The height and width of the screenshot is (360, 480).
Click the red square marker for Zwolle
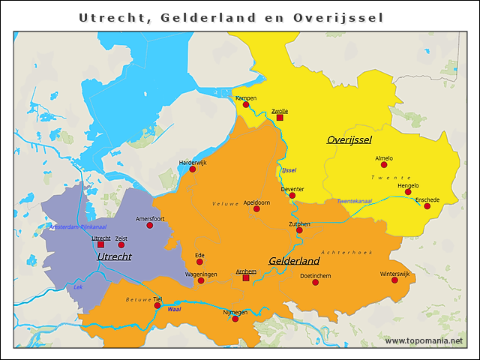[x=280, y=118]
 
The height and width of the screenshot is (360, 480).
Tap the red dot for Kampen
[x=246, y=104]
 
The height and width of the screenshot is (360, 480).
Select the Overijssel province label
[x=349, y=139]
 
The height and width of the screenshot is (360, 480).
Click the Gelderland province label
[x=294, y=261]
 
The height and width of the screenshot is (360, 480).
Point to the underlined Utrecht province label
[x=114, y=256]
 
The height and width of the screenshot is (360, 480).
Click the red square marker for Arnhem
[x=246, y=278]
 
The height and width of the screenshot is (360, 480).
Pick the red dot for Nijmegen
[x=235, y=319]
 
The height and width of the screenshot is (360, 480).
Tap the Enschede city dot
[x=427, y=206]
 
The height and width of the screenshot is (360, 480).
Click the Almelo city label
[x=384, y=158]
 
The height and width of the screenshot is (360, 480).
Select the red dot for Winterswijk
[x=394, y=280]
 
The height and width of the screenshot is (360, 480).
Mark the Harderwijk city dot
[x=193, y=169]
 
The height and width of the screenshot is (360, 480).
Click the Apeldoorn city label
[x=256, y=202]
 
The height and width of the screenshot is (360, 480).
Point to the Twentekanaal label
[x=354, y=201]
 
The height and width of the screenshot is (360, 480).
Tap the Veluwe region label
[x=225, y=204]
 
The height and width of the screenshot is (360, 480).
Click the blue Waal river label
[x=174, y=308]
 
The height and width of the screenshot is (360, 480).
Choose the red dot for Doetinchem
[x=315, y=282]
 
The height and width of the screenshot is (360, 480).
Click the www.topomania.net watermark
[x=424, y=340]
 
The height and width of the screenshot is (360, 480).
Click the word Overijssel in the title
[x=339, y=17]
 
